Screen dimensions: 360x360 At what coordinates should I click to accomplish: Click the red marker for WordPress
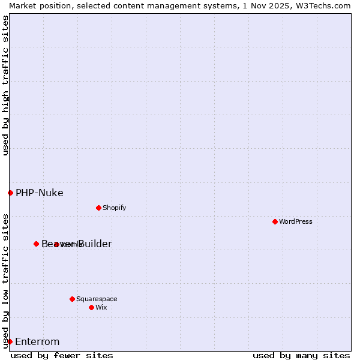pos(275,221)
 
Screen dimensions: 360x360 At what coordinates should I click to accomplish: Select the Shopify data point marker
pos(98,208)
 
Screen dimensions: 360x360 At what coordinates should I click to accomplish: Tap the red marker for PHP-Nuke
pos(10,193)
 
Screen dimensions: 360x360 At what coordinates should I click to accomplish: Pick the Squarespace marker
pos(72,299)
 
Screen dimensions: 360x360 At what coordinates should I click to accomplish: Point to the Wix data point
pos(91,307)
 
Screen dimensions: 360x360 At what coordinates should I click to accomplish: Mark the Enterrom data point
pos(10,341)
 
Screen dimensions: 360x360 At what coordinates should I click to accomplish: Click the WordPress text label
pos(296,221)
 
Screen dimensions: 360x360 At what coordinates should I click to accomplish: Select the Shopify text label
pos(114,208)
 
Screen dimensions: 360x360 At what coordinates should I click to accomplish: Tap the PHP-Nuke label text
pos(39,193)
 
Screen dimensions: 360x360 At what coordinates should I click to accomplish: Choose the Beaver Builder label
pos(76,244)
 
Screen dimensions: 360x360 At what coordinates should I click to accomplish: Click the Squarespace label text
pos(97,299)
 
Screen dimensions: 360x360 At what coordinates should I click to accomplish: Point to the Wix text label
pos(101,307)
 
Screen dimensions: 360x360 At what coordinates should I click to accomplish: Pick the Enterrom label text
pos(37,341)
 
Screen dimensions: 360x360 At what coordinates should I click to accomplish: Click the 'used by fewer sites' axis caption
pos(62,355)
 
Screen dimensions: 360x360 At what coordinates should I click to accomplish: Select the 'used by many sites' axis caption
pos(301,355)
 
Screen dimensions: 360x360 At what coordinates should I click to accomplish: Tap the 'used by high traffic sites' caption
pos(5,85)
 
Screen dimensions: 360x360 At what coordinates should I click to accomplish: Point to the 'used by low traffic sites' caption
pos(5,280)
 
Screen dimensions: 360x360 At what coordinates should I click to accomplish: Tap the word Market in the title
pos(22,5)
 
